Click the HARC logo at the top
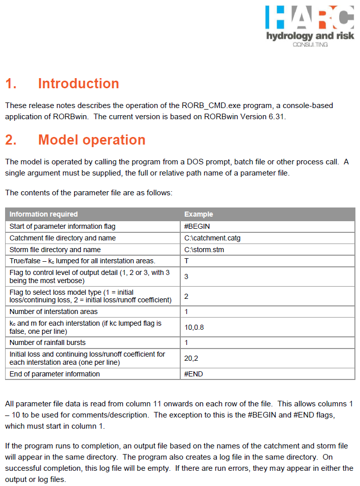click(x=309, y=18)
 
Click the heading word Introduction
click(x=79, y=84)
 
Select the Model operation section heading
click(x=92, y=140)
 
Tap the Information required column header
click(x=44, y=214)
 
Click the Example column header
click(x=199, y=214)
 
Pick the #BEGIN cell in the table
click(x=198, y=226)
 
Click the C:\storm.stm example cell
click(x=205, y=250)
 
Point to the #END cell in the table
click(x=194, y=374)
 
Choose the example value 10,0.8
click(x=194, y=327)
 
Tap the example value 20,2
click(x=191, y=358)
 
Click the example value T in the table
click(x=186, y=261)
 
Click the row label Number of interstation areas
click(x=54, y=311)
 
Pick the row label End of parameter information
click(x=55, y=374)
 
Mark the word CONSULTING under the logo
click(x=310, y=45)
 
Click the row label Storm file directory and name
click(x=55, y=250)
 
